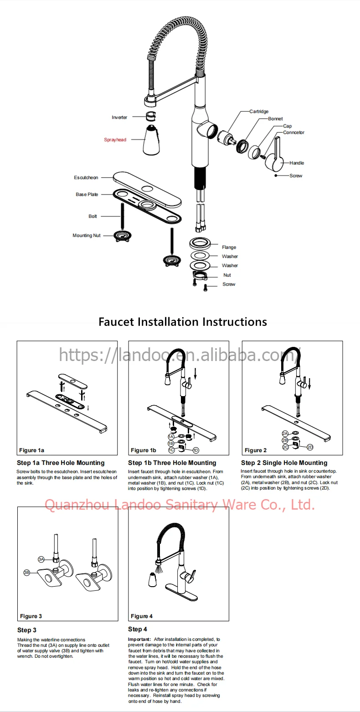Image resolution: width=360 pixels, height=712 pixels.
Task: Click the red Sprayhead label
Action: tap(115, 140)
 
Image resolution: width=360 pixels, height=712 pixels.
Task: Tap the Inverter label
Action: tap(119, 118)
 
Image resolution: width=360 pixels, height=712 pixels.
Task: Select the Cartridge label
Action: tap(259, 112)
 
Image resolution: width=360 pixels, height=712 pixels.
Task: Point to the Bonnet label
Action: tap(275, 119)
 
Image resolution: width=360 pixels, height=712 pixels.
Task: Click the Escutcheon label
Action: tap(86, 178)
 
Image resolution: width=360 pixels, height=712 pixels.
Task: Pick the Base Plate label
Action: tap(87, 195)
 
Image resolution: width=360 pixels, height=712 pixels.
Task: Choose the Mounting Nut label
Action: tap(87, 236)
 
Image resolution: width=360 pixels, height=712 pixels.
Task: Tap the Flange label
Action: tap(229, 248)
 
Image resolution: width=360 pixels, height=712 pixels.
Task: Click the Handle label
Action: tap(296, 163)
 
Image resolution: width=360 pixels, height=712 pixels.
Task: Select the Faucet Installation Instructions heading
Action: tap(183, 322)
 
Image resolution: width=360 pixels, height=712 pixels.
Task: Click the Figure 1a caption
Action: tap(31, 450)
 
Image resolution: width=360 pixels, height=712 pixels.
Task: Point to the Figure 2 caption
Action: tap(256, 450)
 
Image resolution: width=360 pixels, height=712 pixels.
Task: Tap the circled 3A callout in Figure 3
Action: tap(41, 559)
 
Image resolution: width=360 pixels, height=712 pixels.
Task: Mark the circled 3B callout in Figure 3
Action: tap(27, 572)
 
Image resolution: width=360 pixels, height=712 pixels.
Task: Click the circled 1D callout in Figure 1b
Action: tap(196, 450)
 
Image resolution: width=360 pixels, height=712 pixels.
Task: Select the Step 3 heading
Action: tap(27, 630)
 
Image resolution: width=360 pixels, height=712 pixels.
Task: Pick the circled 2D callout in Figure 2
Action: tap(310, 447)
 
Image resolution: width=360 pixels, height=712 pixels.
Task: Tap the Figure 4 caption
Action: tap(142, 616)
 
